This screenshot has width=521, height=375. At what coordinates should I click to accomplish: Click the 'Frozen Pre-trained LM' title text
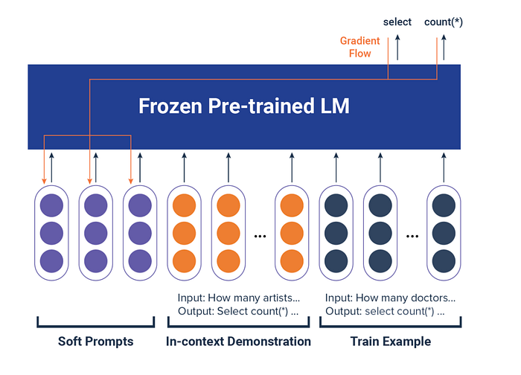click(x=244, y=106)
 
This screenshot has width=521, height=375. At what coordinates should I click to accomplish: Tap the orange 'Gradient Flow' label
click(x=359, y=47)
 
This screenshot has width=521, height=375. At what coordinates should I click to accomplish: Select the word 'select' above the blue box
click(x=397, y=22)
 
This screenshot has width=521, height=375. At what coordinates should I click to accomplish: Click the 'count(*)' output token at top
click(x=444, y=22)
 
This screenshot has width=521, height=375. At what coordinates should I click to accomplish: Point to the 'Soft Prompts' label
click(x=96, y=342)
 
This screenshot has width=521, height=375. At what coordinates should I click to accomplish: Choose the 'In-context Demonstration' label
click(x=238, y=342)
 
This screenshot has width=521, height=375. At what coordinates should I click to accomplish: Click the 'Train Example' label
click(x=391, y=342)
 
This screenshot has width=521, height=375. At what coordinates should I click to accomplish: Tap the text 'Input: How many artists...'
click(x=239, y=298)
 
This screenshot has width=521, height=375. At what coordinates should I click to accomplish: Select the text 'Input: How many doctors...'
click(x=390, y=298)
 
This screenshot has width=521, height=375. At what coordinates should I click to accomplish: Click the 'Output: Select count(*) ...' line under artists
click(x=238, y=311)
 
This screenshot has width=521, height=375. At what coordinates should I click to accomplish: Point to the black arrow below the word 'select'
click(x=397, y=47)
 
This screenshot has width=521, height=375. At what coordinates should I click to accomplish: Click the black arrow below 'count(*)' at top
click(x=444, y=47)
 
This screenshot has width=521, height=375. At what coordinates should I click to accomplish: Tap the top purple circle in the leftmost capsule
click(x=51, y=205)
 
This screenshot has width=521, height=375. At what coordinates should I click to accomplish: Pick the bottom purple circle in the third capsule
click(x=140, y=261)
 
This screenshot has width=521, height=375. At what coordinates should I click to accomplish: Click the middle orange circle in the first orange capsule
click(x=184, y=233)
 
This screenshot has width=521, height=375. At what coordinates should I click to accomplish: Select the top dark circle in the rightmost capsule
click(x=444, y=205)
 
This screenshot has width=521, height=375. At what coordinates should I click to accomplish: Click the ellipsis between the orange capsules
click(x=260, y=236)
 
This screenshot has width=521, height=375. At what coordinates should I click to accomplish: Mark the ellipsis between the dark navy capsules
click(x=412, y=236)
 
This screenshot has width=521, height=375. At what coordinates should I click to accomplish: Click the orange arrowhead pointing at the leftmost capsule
click(x=44, y=181)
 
